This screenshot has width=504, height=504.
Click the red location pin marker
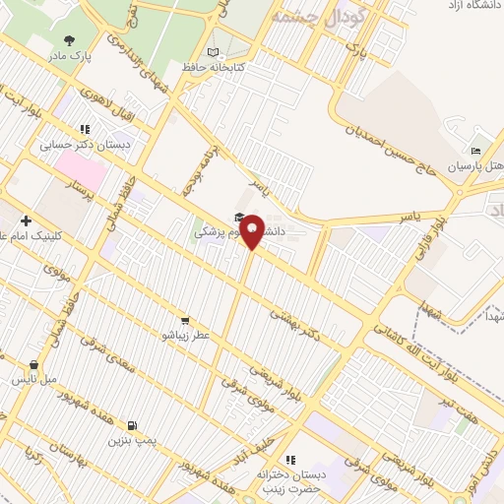pos(252,230)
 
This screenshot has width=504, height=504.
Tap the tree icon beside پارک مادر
pos(68,40)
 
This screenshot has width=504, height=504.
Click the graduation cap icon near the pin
pos(238,218)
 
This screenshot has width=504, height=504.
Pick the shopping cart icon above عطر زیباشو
pos(185,320)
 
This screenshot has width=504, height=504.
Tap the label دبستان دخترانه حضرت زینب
pos(290,480)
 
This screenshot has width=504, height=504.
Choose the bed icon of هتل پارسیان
pos(476,151)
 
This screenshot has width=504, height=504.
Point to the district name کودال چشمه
pos(320,17)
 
